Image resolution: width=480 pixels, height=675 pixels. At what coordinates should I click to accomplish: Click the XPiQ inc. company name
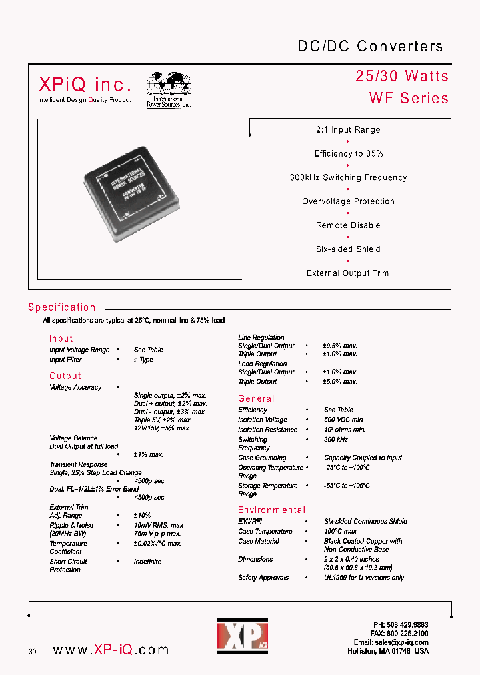pos(85,84)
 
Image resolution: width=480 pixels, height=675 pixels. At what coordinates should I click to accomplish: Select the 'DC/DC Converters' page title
pos(369,46)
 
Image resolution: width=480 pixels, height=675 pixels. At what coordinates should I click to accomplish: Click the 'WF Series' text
pos(409,98)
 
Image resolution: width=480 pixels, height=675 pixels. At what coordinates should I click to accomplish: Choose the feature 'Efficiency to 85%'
pos(349,154)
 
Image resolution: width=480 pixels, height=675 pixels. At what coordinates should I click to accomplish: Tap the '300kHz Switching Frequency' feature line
pos(348,178)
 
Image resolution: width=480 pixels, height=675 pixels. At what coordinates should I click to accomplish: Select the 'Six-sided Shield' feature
pos(348,249)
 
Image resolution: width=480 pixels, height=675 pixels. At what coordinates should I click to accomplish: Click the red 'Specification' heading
pos(62,307)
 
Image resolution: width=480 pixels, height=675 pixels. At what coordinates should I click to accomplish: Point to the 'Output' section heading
pos(65,376)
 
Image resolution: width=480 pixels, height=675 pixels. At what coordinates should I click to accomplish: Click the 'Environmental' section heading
pos(271,510)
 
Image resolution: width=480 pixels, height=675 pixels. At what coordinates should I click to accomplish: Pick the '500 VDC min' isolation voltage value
pos(343,420)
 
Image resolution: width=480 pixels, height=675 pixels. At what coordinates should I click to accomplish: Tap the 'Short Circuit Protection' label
pos(68,566)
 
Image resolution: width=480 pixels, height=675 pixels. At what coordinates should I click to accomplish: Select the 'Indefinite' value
pos(147,562)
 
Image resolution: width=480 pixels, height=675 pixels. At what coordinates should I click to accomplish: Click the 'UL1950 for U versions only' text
pos(364,578)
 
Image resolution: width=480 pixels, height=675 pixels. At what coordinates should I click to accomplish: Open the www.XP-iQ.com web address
pos(110,650)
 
